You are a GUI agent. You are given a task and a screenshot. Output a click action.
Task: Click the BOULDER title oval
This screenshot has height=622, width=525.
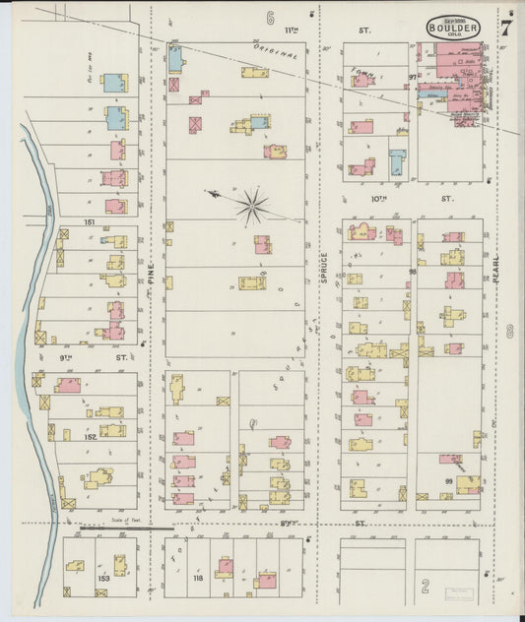454,28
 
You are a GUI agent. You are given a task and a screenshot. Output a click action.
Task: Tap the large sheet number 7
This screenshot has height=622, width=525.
505,28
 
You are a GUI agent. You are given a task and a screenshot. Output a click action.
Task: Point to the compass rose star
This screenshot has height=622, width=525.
252,206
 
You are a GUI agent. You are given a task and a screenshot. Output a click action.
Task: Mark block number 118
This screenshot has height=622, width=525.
198,578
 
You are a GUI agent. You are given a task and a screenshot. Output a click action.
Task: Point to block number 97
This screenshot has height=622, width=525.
413,76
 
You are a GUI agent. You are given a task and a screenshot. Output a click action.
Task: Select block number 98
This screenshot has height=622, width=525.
413,272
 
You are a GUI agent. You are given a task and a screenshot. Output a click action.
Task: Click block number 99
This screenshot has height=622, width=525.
448,479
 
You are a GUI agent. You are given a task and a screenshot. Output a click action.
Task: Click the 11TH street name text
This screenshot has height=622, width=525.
291,31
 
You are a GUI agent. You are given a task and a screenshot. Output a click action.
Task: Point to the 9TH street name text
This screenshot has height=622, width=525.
67,358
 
